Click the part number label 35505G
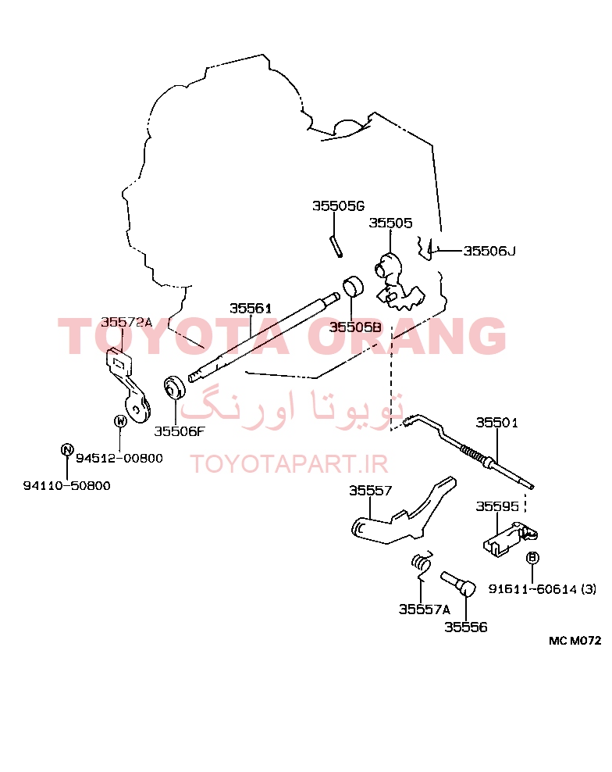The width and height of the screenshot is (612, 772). point(338,206)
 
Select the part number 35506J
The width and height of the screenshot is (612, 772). point(489,251)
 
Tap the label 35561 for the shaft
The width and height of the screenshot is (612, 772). point(251,308)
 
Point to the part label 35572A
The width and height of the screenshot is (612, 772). point(126,322)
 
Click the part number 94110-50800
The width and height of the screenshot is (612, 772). point(67,485)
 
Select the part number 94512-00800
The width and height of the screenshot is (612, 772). point(119,458)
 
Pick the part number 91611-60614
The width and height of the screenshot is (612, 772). point(532,589)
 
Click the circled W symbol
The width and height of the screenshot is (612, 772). point(120,421)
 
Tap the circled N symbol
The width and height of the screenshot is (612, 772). point(67,449)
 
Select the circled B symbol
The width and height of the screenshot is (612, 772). point(532,557)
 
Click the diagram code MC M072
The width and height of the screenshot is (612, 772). point(575,641)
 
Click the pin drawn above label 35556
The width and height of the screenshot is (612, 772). point(459,584)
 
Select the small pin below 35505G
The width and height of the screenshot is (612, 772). point(336,245)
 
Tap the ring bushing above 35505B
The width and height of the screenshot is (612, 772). point(353,287)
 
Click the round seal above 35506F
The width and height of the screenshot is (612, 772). point(174,387)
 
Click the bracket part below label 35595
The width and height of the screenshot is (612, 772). point(510,539)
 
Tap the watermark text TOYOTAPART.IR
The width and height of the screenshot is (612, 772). point(290,464)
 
